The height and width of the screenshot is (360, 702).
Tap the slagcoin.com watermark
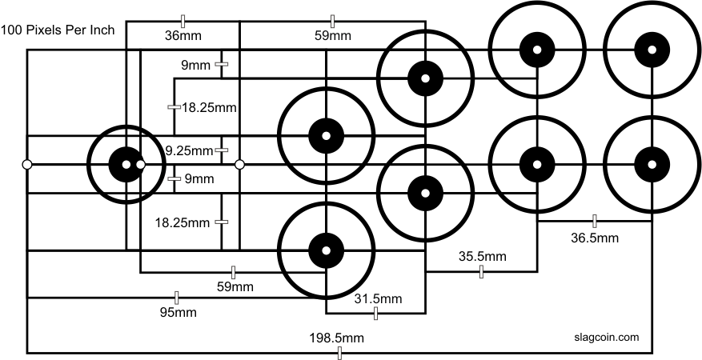point(606,337)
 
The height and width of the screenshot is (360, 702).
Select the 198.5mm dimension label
point(337,338)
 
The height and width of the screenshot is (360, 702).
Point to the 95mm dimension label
point(179,312)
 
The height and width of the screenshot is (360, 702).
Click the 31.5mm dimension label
point(379,298)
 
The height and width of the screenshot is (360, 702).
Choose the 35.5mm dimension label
point(482,256)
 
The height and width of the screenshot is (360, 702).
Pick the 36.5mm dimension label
point(595,238)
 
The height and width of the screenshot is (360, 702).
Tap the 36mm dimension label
point(183,36)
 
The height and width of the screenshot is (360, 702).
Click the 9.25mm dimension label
point(189,151)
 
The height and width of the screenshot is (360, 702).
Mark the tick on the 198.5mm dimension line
point(339,353)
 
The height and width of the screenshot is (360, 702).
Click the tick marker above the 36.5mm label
point(595,221)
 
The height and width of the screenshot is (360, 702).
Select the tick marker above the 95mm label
point(176,298)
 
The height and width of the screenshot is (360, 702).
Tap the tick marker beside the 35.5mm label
point(481,271)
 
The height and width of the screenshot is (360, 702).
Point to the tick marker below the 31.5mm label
point(375,314)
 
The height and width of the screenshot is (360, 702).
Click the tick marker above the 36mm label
point(183,21)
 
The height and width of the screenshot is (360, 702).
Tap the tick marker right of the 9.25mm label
point(222,150)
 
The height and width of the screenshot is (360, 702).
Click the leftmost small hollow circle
point(27,165)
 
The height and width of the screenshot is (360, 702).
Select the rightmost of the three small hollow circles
point(239,165)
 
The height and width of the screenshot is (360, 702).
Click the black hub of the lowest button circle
point(327,250)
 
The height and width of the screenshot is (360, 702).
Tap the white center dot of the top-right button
point(652,49)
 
